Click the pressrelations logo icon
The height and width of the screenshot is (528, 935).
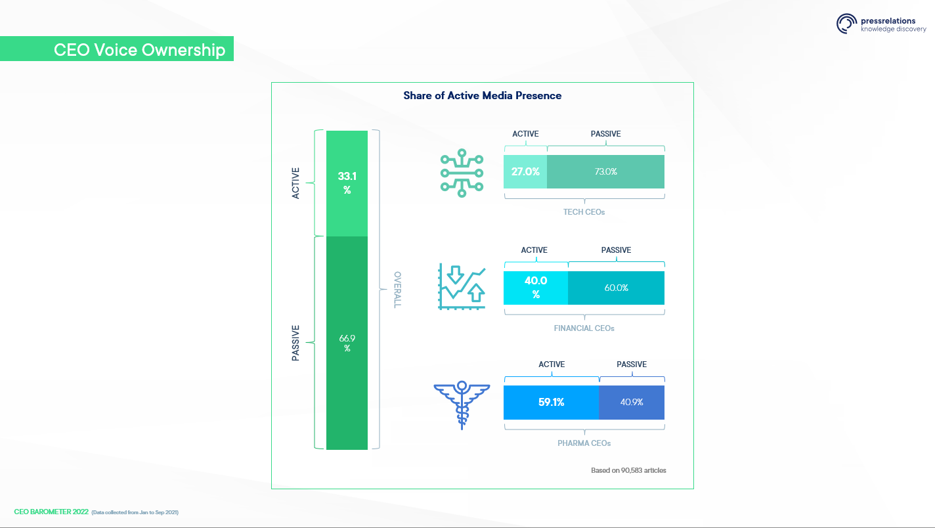coord(846,24)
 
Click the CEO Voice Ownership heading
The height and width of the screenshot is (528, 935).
coord(139,50)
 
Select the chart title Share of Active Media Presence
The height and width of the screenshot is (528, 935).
coord(482,96)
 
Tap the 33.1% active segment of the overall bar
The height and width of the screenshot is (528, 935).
coord(347,184)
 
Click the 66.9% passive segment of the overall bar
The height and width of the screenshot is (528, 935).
coord(347,343)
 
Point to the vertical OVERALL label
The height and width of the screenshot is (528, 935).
coord(397,290)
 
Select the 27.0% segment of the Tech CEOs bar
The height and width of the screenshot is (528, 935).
coord(525,171)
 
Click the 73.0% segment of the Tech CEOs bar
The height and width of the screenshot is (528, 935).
coord(605,171)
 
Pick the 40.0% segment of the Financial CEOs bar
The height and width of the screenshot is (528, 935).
coord(536,288)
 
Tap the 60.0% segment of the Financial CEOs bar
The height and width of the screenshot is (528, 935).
coord(616,288)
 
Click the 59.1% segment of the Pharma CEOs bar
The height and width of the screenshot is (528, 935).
coord(552,403)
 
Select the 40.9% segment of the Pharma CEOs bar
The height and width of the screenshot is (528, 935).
coord(632,403)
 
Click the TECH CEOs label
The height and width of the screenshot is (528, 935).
coord(584,212)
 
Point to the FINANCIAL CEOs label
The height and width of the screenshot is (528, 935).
coord(584,328)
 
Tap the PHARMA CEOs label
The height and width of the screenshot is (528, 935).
coord(584,443)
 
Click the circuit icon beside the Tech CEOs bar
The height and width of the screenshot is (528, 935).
coord(462,173)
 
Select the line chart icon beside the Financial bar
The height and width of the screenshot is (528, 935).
coord(462,287)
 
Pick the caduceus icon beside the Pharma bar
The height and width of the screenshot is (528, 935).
coord(462,405)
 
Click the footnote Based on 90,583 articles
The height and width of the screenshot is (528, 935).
coord(628,470)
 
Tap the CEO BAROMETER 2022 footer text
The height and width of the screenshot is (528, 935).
coord(51,512)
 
